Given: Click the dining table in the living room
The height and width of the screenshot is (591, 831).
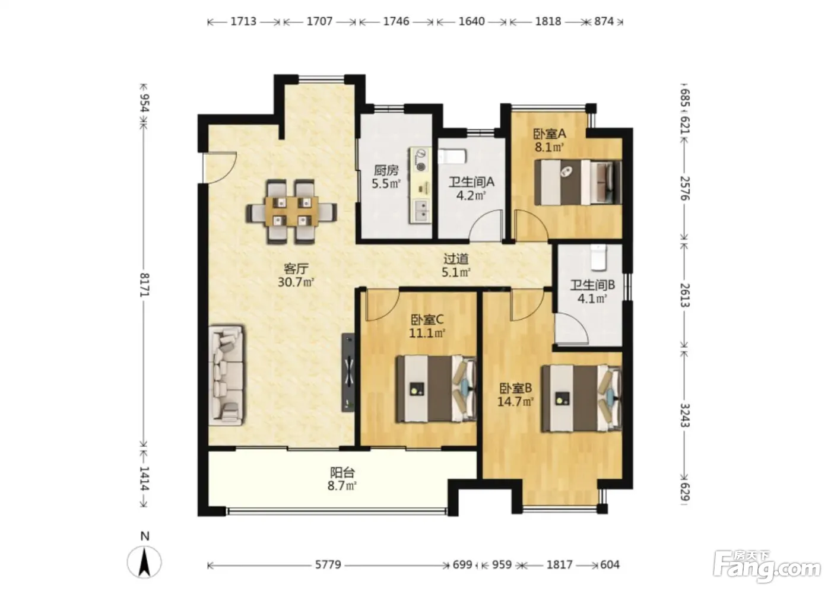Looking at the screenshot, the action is point(291,211).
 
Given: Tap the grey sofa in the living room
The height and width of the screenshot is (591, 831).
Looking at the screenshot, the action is point(226,375).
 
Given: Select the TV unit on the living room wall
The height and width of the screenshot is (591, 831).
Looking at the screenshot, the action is point(348,372).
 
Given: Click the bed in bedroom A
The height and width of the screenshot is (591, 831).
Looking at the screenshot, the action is point(578,182).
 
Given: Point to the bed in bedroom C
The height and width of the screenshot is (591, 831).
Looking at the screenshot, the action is point(436,389).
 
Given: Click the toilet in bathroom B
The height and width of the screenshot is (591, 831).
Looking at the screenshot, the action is point(598,256).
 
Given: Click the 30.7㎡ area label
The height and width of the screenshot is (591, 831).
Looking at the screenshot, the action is point(296,282).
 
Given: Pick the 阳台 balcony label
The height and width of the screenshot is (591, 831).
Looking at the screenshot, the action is point(342,472).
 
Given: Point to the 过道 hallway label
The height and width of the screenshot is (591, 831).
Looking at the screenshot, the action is point(456,259).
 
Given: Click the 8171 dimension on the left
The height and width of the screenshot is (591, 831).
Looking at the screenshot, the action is point(144,285).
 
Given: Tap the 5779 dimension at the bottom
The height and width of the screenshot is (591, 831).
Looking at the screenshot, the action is point(328,565).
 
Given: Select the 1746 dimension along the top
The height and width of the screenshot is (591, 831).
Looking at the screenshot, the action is point(397,21).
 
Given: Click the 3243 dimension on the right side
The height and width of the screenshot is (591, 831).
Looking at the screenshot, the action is point(684,415).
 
